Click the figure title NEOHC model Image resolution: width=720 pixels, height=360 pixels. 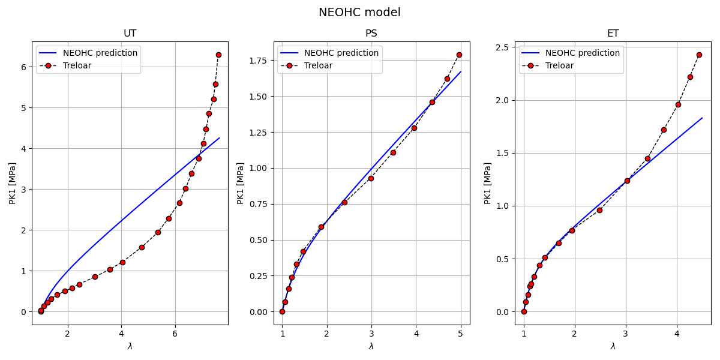coord(359,13)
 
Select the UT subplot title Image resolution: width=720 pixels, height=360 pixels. coord(130,34)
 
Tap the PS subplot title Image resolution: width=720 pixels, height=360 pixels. coord(371,34)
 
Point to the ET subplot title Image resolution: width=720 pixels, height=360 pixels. coord(613,34)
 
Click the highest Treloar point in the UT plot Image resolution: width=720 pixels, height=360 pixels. coord(218,55)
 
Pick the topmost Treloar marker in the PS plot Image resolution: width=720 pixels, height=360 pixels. coord(459,55)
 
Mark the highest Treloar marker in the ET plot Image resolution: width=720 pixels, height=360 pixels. coord(699,55)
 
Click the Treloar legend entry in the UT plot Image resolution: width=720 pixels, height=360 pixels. coord(77,65)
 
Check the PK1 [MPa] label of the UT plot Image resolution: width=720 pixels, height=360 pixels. coord(12,183)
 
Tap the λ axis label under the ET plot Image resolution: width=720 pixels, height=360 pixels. coord(613,346)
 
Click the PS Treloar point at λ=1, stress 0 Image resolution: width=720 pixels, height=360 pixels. coord(282,311)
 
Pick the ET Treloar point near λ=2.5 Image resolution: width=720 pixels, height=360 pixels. coord(599,210)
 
